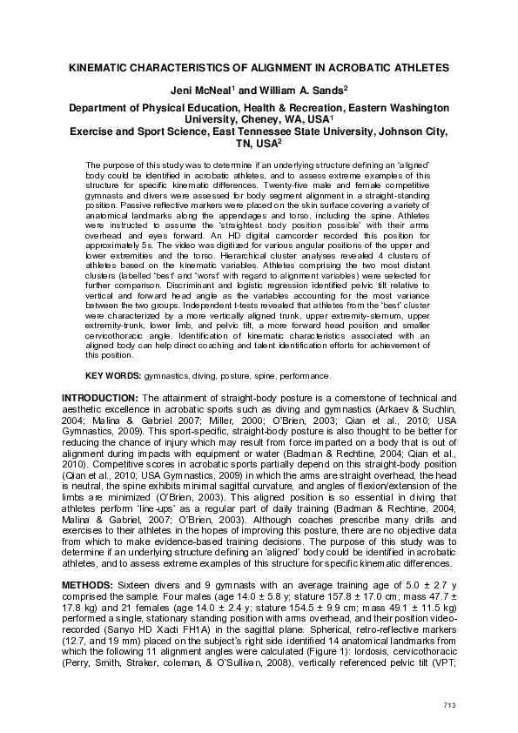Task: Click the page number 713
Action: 449,704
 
